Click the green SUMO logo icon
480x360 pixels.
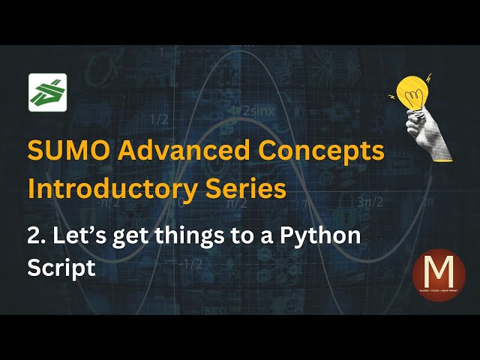click(x=47, y=92)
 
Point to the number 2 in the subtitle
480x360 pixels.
click(x=34, y=235)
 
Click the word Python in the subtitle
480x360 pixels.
click(x=322, y=235)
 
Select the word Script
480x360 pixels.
click(x=61, y=267)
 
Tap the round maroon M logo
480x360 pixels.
click(x=439, y=274)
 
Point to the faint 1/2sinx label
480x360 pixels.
click(x=253, y=110)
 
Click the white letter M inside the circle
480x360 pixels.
click(x=439, y=269)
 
